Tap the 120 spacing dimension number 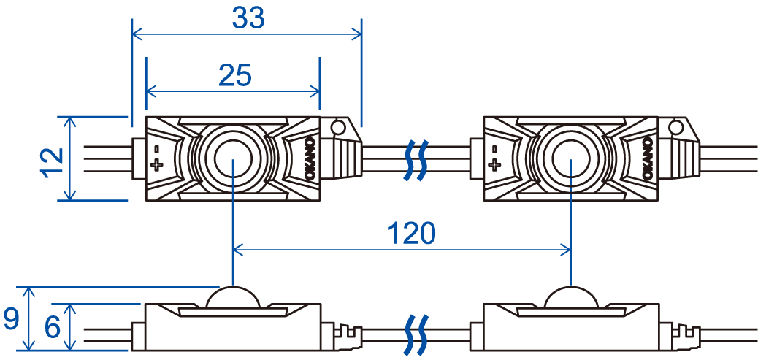(410, 234)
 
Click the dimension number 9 (10, 319)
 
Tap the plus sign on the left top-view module (156, 166)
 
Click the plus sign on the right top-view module (494, 166)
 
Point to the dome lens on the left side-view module (232, 298)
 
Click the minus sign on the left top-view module (156, 148)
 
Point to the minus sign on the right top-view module (494, 148)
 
